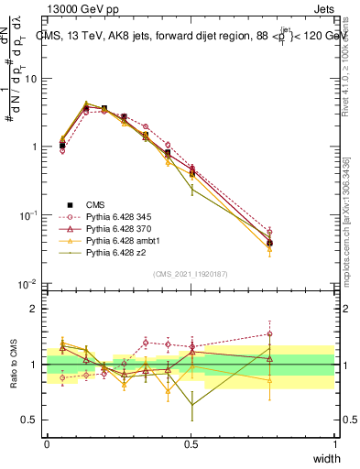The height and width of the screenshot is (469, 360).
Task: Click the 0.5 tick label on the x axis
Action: [x=191, y=444]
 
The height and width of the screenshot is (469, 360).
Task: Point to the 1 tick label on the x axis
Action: [x=335, y=444]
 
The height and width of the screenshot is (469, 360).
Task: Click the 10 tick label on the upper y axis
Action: [x=32, y=79]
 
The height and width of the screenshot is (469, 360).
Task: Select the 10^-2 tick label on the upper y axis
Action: [x=30, y=284]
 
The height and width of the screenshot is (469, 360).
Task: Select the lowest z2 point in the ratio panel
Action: [x=191, y=405]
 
